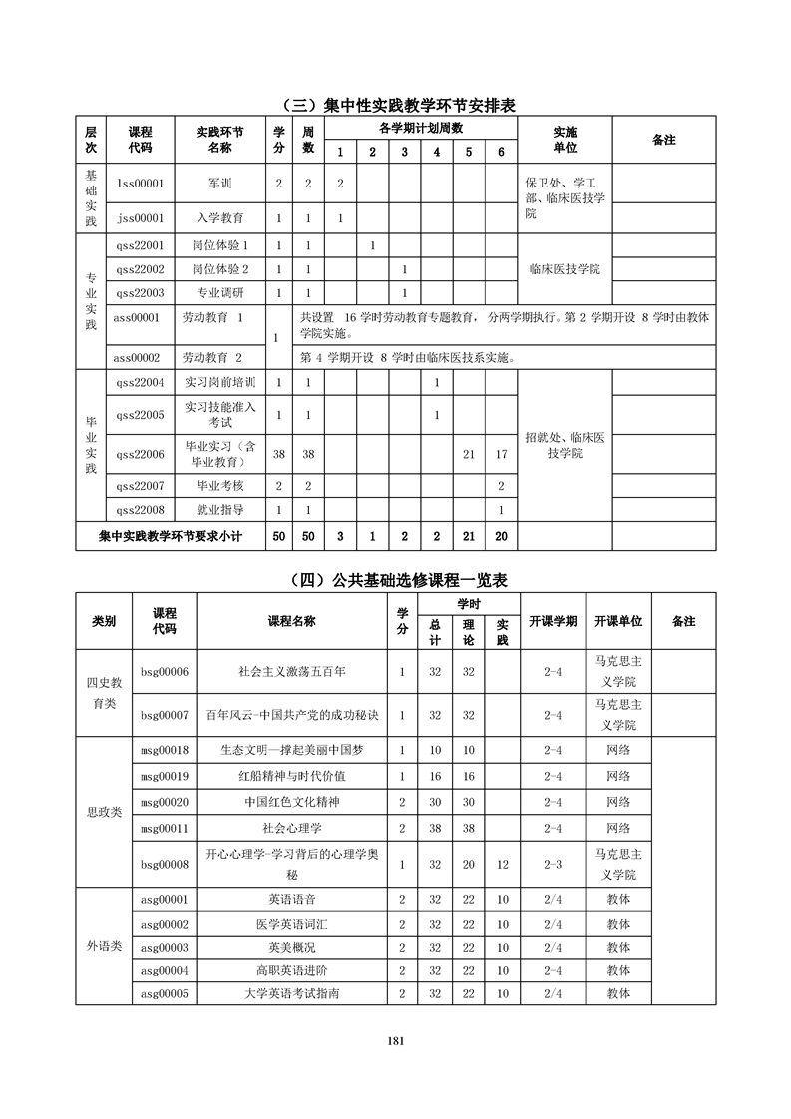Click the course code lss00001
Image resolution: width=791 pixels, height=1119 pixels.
140,184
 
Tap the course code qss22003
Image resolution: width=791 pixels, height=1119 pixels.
140,293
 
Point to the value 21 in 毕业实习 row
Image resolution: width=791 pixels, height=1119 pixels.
469,455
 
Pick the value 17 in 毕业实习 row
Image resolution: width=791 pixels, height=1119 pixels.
501,455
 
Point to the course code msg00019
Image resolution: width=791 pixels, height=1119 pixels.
165,776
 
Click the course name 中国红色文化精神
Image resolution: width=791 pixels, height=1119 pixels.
292,802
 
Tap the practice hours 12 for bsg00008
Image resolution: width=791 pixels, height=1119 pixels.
502,865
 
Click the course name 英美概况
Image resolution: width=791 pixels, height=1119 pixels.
292,947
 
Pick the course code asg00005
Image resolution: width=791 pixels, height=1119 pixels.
165,994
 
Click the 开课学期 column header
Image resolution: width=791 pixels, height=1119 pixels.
552,621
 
